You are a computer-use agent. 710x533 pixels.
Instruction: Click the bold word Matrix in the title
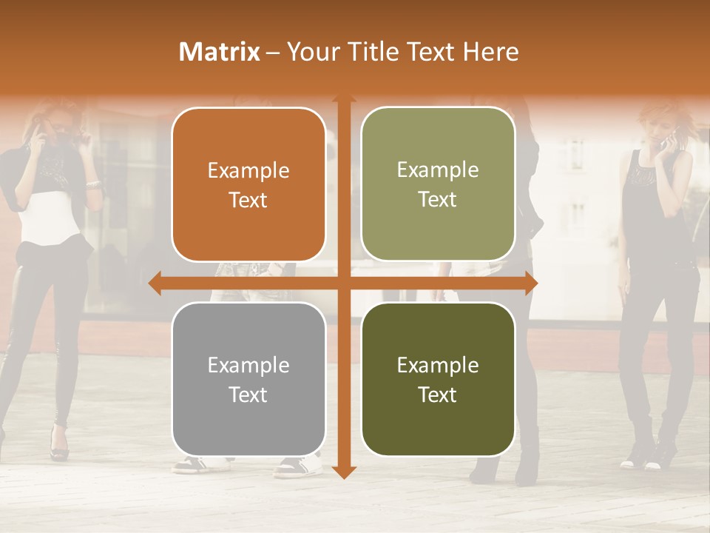coord(220,52)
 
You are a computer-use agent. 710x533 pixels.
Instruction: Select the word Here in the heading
coord(491,52)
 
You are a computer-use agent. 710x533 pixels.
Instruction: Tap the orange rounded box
coord(248,184)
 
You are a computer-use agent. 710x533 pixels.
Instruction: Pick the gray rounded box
coord(248,379)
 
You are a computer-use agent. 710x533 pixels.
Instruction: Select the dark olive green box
coord(438,379)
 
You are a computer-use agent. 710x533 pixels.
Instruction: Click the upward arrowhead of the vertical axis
coord(343,101)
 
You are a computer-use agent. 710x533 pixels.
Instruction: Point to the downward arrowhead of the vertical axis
coord(343,472)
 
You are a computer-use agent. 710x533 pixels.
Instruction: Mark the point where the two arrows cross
coord(343,284)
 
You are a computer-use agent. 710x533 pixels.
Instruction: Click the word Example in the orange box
coord(248,171)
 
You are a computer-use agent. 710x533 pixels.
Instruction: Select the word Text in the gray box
coord(248,395)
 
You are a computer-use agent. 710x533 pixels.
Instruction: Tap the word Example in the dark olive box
coord(438,365)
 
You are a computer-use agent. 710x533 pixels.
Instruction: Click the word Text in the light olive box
coord(438,199)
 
